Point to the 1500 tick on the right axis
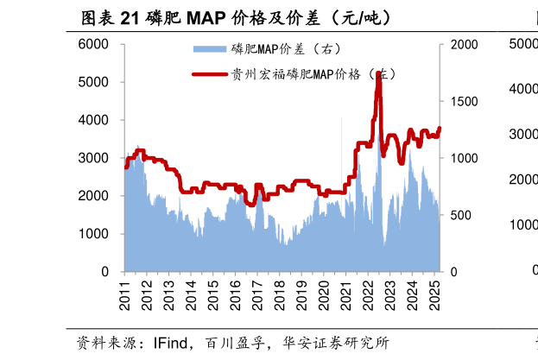pyautogui.click(x=463, y=101)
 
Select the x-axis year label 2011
pyautogui.click(x=126, y=294)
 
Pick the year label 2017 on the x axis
pyautogui.click(x=256, y=294)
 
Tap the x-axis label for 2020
pyautogui.click(x=322, y=294)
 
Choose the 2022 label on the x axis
pyautogui.click(x=366, y=294)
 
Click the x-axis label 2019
pyautogui.click(x=301, y=294)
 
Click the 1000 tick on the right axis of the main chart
pyautogui.click(x=463, y=158)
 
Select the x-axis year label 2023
pyautogui.click(x=388, y=294)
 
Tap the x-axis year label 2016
pyautogui.click(x=235, y=294)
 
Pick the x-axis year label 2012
pyautogui.click(x=148, y=294)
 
